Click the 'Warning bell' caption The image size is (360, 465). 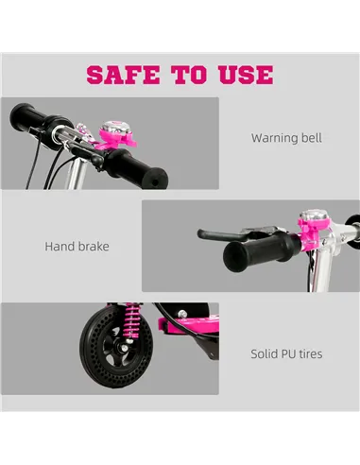286,138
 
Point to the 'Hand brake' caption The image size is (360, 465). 77,247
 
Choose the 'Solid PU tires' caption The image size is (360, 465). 286,354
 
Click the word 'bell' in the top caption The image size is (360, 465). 310,138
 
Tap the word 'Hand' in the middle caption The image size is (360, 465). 60,247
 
